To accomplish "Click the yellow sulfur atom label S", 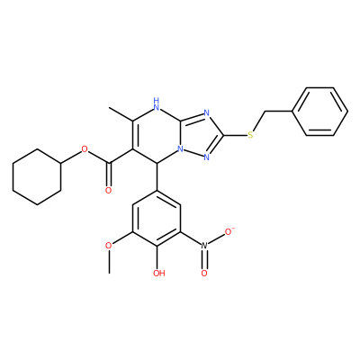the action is coord(250,135).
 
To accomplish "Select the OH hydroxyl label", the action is coord(159,273).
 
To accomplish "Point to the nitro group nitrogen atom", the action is coord(204,246).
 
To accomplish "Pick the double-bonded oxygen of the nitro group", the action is coord(204,273).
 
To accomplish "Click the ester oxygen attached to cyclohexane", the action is coord(85,149).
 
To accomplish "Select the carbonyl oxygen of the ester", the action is coord(109,190).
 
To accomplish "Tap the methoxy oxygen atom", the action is coord(109,246).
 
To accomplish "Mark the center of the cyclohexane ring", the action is coord(37,176).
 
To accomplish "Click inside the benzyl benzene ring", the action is coord(320,112).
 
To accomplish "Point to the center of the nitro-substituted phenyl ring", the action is coord(157,218).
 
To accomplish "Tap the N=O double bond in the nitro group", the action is coord(204,259).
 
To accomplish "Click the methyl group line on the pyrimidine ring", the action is coord(121,114).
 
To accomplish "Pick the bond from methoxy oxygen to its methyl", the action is coord(109,261).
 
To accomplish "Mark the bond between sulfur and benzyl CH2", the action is coord(257,123).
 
